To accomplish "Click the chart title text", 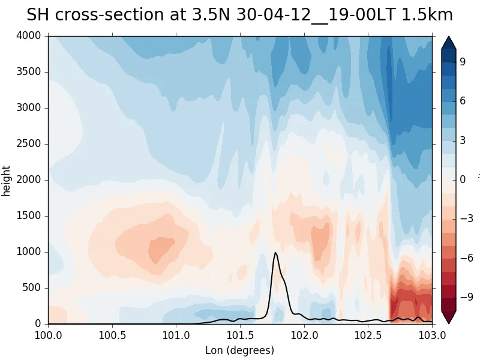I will point(239,16).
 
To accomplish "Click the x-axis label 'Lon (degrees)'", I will point(239,350).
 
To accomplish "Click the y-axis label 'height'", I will point(7,180).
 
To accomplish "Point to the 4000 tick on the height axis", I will point(28,36).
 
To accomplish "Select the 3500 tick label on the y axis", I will point(28,72).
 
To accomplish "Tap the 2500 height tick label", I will point(28,144).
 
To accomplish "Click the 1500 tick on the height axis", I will point(28,216).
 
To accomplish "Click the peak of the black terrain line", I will point(275,253).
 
